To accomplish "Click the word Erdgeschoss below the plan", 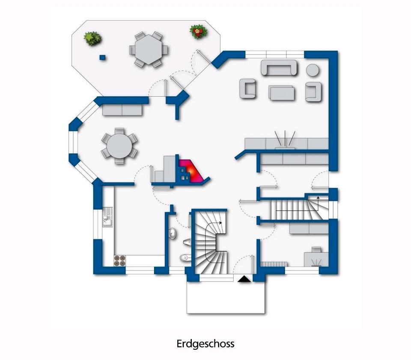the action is pos(205,344).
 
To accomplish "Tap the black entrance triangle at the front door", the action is pos(243,279).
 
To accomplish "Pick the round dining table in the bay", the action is pos(119,146).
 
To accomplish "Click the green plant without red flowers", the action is pos(93,39).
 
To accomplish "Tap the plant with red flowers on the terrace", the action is pos(197,32).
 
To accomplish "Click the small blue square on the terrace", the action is pos(102,57).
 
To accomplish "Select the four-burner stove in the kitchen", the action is pos(119,260).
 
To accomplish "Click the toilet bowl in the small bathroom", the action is pos(185,258).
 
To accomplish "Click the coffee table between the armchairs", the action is pos(282,92).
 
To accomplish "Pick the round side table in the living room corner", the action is pos(313,70).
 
